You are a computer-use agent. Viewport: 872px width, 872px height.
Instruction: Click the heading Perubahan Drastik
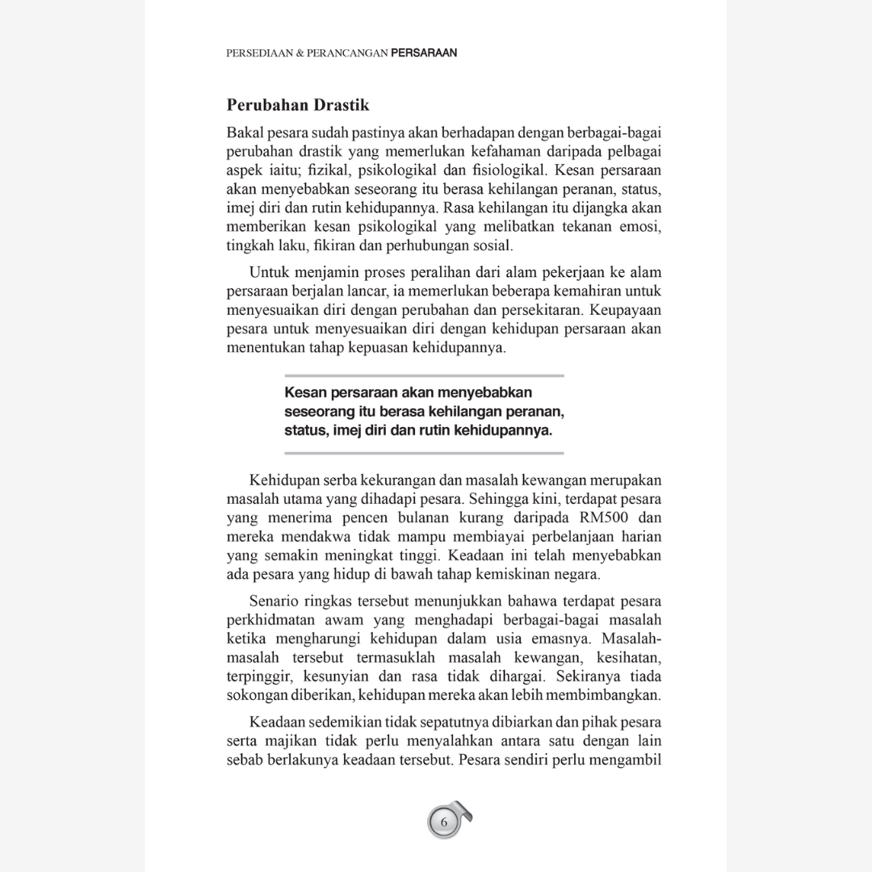pos(298,105)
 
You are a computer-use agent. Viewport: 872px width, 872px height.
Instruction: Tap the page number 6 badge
pos(443,822)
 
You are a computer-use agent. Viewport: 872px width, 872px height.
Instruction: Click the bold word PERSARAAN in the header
pos(424,53)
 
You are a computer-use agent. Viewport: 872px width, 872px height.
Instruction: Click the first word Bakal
pos(245,132)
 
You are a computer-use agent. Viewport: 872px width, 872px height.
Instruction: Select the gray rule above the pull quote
pos(424,376)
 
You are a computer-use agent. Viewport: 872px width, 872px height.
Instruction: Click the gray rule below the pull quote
pos(424,453)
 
